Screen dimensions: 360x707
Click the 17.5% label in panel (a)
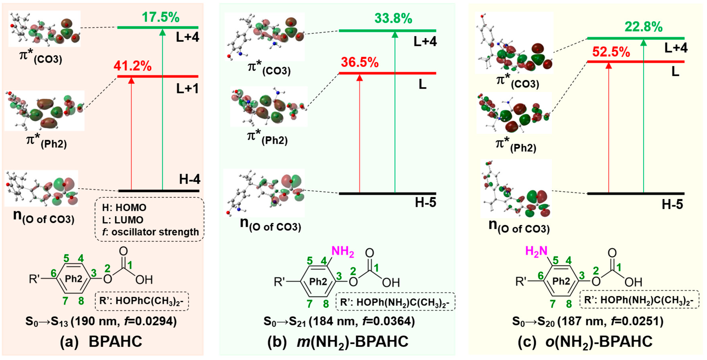[161, 17]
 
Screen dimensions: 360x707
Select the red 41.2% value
[132, 66]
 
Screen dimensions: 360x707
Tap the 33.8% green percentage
[393, 19]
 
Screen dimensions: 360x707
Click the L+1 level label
[187, 89]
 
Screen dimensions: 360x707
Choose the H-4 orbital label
[190, 179]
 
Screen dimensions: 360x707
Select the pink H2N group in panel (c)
[536, 251]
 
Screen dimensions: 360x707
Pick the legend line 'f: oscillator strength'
[150, 232]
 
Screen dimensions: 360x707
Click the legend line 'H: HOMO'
[124, 208]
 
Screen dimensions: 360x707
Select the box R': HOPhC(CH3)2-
[141, 301]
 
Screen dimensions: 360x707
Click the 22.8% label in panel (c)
[644, 27]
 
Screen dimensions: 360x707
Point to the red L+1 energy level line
[158, 76]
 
